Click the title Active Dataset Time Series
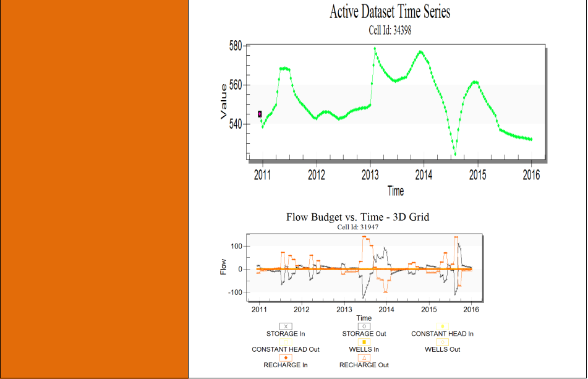tap(390, 12)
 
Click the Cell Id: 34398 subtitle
tap(390, 30)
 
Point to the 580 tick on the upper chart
tap(236, 46)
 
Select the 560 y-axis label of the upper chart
tap(236, 85)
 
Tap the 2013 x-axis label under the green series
tap(370, 175)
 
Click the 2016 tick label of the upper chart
tap(531, 175)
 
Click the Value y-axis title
tap(223, 101)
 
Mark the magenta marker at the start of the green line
tap(260, 114)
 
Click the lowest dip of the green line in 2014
tap(455, 154)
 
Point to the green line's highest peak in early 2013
tap(375, 48)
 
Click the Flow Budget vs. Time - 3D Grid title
tap(358, 217)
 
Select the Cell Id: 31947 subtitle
tap(358, 227)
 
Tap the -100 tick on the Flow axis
tap(235, 292)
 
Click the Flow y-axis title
tap(223, 267)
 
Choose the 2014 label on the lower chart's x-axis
tap(386, 310)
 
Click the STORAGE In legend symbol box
tap(286, 326)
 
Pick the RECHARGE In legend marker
tap(286, 358)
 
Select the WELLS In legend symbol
tap(364, 342)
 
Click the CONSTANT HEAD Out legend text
tap(286, 349)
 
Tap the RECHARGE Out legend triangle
tap(364, 358)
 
